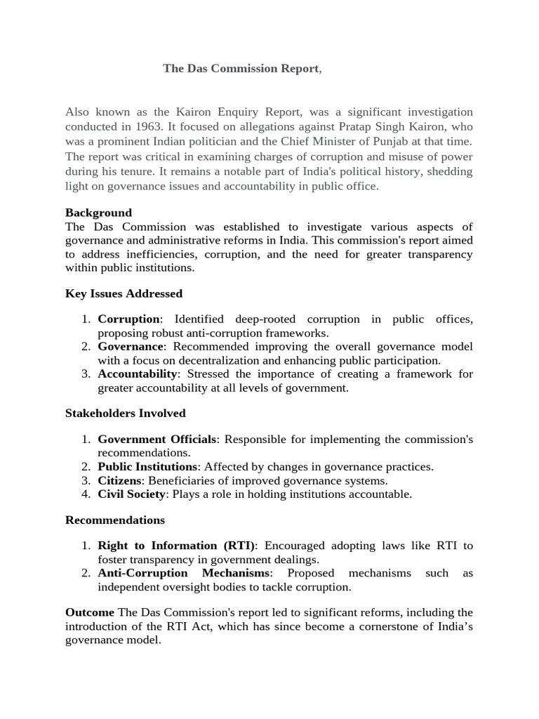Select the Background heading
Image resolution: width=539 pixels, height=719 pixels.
point(98,213)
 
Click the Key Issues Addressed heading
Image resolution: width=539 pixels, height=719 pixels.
point(124,293)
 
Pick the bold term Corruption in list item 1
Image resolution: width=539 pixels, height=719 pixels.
point(128,319)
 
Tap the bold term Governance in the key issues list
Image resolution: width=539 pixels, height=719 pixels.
point(131,347)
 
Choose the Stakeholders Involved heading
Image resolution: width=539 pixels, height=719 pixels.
point(126,414)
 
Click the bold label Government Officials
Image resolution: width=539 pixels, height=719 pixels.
point(157,440)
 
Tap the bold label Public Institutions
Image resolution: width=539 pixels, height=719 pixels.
point(147,467)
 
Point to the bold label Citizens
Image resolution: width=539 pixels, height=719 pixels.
point(119,481)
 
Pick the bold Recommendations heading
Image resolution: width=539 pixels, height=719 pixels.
point(115,520)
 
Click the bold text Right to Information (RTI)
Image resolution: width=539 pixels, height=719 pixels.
point(176,546)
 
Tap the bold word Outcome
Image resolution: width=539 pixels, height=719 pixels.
point(90,613)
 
